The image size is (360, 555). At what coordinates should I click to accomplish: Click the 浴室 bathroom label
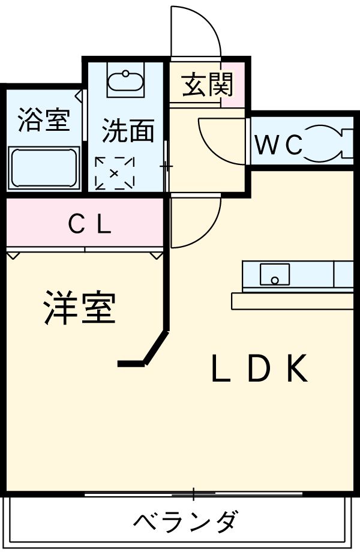click(43, 120)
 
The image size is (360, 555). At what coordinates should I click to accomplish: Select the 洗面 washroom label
click(127, 131)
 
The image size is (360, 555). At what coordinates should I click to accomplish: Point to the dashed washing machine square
click(114, 173)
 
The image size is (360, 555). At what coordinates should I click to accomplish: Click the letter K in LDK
click(296, 369)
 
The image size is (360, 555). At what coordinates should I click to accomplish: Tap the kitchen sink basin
click(275, 274)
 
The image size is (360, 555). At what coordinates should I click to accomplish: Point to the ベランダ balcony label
click(185, 521)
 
